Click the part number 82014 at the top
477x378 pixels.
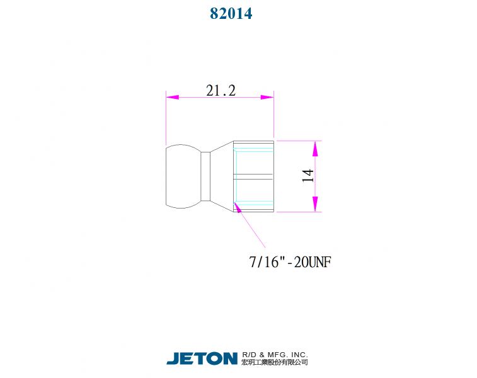(x=231, y=13)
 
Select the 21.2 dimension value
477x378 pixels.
(x=221, y=91)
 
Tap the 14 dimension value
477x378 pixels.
(x=308, y=176)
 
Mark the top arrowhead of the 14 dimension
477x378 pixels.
(x=315, y=148)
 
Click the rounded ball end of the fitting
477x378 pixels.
(x=183, y=176)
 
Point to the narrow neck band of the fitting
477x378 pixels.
(x=205, y=176)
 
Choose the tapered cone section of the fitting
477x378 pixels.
(x=221, y=176)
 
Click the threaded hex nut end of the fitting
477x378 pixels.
(x=253, y=176)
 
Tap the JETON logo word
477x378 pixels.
(x=202, y=358)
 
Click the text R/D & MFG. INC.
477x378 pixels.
(x=275, y=354)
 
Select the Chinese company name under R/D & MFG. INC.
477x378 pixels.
(x=275, y=362)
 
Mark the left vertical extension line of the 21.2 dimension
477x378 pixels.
(x=166, y=120)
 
